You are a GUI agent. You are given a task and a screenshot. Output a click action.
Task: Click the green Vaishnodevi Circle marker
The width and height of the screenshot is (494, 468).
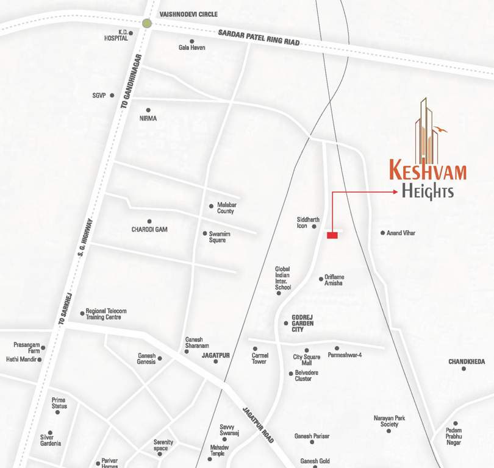tap(146, 24)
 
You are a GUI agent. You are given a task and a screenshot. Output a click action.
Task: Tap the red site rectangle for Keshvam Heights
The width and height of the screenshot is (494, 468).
tap(332, 235)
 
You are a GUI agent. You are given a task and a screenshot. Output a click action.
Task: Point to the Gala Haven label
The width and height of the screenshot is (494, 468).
tap(192, 47)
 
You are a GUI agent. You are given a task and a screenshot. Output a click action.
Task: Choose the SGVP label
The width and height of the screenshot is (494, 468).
tap(99, 96)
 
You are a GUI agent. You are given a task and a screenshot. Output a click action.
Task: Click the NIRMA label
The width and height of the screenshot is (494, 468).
tap(148, 118)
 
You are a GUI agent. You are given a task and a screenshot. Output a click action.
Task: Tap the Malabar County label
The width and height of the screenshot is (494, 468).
tap(226, 208)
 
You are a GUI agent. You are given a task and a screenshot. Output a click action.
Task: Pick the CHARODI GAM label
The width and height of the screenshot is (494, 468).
tap(149, 230)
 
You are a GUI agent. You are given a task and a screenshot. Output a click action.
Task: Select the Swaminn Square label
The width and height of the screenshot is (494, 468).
tap(218, 236)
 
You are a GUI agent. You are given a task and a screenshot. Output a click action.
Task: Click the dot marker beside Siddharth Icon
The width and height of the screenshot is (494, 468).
tap(315, 227)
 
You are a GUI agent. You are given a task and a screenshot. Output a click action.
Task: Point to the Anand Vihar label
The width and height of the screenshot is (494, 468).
tap(401, 233)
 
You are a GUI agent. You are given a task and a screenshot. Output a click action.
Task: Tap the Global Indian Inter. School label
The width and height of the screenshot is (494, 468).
tap(282, 278)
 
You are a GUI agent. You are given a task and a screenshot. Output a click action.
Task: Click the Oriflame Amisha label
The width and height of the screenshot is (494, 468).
tap(334, 280)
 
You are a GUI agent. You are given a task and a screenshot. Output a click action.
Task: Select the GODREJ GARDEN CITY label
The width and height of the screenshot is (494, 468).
tap(298, 323)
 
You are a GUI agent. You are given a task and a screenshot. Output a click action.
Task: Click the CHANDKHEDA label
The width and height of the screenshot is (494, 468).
tap(467, 362)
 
